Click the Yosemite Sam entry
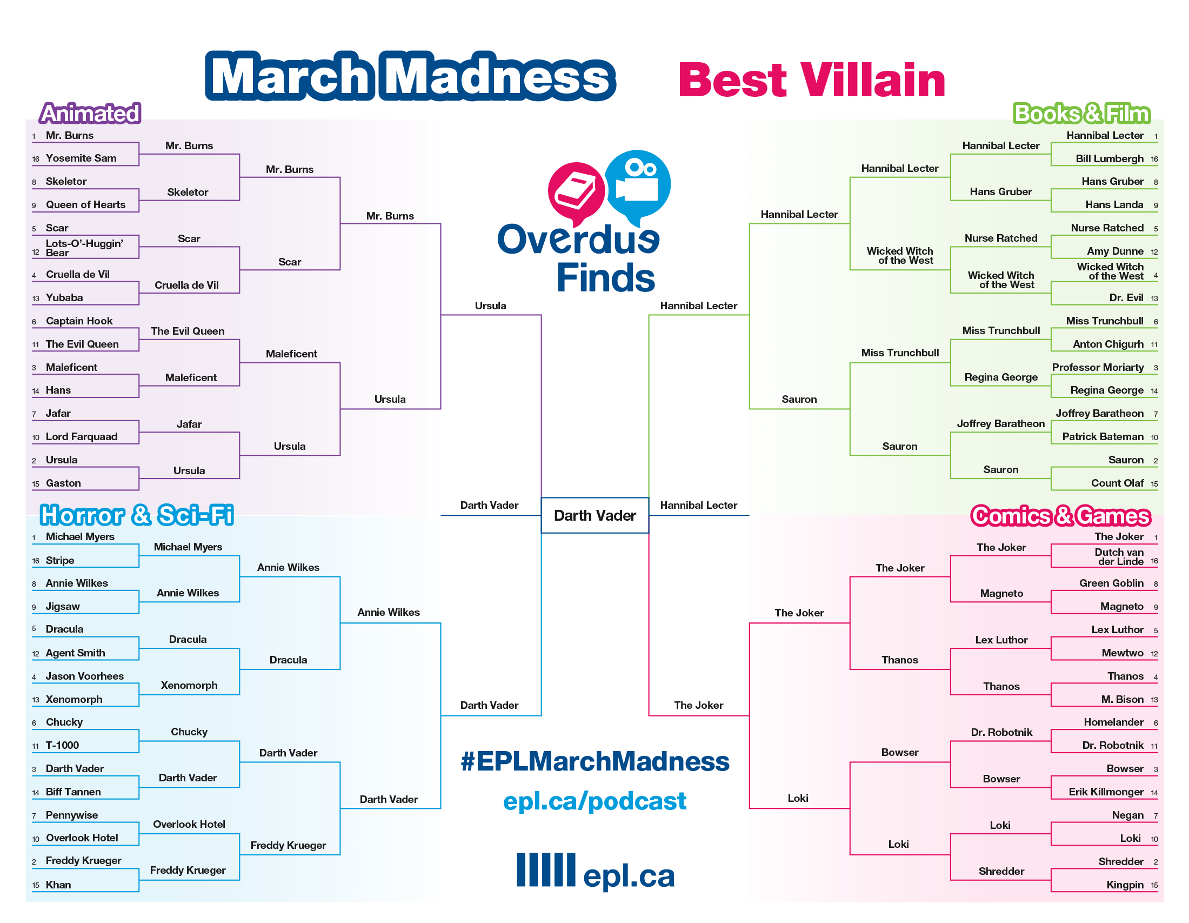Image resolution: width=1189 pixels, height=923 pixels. pyautogui.click(x=81, y=158)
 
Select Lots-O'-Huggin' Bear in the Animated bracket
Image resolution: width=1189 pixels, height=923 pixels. pyautogui.click(x=84, y=248)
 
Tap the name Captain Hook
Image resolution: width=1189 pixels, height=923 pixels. pyautogui.click(x=79, y=321)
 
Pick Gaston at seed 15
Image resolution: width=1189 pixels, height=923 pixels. pyautogui.click(x=63, y=483)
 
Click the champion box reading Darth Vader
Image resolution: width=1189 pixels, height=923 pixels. pyautogui.click(x=594, y=515)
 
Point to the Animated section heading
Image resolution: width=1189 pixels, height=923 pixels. pyautogui.click(x=90, y=113)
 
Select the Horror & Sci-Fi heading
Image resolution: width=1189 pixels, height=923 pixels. pyautogui.click(x=137, y=515)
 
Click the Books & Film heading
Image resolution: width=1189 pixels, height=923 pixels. pyautogui.click(x=1081, y=113)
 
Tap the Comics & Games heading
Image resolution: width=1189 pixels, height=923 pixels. pyautogui.click(x=1060, y=516)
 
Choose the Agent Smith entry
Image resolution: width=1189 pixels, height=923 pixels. pyautogui.click(x=75, y=653)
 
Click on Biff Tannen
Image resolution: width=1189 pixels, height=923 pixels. pyautogui.click(x=73, y=792)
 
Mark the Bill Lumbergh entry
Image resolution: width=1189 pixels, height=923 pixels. pyautogui.click(x=1110, y=158)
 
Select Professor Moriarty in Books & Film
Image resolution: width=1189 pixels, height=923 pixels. pyautogui.click(x=1098, y=368)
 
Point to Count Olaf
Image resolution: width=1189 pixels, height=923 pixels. pyautogui.click(x=1117, y=483)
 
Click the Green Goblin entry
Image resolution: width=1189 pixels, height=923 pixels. pyautogui.click(x=1111, y=583)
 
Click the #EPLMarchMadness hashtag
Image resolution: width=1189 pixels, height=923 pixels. pyautogui.click(x=594, y=761)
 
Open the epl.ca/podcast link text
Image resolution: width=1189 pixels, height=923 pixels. pyautogui.click(x=594, y=801)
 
